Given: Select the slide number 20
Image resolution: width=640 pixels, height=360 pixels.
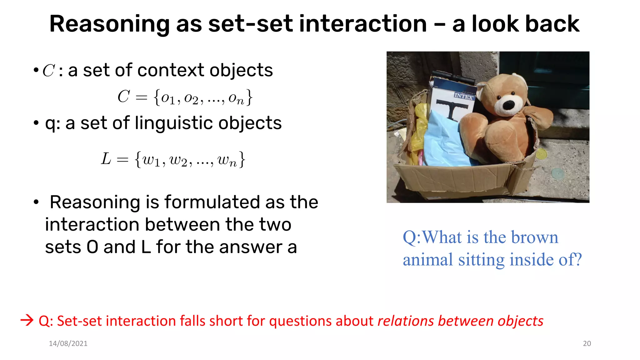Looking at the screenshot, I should pyautogui.click(x=587, y=343).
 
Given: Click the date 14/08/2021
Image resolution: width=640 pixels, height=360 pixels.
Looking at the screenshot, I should pyautogui.click(x=68, y=343).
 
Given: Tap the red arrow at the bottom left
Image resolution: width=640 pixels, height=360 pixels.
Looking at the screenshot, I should pyautogui.click(x=27, y=320).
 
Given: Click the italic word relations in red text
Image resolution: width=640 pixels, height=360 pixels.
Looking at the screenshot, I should pyautogui.click(x=405, y=321).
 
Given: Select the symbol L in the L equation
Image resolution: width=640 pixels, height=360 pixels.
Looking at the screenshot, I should pyautogui.click(x=106, y=159).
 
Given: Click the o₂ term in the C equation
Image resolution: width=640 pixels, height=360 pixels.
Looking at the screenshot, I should pyautogui.click(x=191, y=98).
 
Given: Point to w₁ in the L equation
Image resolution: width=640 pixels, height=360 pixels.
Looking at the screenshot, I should pyautogui.click(x=151, y=160).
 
